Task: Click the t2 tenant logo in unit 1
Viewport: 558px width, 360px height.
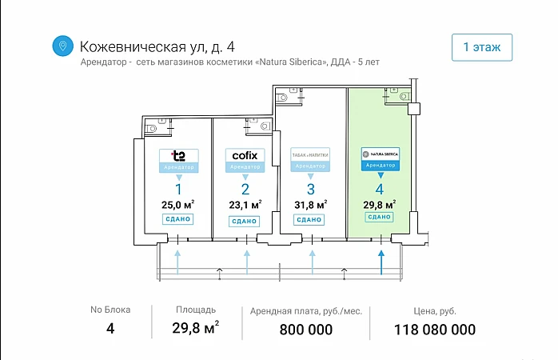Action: pos(178,155)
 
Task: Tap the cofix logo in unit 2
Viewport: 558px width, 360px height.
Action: pos(244,155)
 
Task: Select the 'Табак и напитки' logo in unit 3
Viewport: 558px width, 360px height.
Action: pos(310,154)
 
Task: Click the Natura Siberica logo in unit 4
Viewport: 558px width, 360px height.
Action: pos(380,153)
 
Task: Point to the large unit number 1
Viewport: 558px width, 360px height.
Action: pos(178,189)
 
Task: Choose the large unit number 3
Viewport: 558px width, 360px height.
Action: pos(310,189)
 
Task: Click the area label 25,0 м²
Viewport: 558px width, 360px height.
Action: pos(178,204)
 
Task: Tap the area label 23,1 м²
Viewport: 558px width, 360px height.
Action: pos(245,204)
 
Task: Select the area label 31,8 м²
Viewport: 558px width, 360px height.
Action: pos(310,204)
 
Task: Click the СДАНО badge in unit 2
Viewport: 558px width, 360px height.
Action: pos(245,220)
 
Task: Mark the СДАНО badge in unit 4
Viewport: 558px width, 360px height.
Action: pos(380,217)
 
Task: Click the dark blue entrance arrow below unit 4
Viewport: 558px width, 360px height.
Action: pos(381,260)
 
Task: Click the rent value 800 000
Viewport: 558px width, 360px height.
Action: pos(306,330)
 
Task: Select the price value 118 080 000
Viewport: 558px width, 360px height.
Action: pos(435,330)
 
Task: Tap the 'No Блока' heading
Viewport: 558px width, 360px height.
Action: pos(110,310)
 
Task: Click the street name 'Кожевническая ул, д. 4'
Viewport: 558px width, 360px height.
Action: pos(157,46)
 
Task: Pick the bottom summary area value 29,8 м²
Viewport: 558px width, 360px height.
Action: pos(196,328)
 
